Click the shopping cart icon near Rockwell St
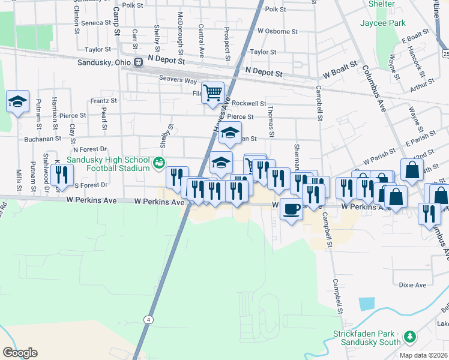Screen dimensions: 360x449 point(212,93)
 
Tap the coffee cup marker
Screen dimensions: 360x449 point(291,209)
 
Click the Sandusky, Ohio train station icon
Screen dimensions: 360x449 point(139,62)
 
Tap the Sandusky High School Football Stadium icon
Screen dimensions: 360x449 point(158,162)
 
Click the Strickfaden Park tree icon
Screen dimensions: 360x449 point(410,337)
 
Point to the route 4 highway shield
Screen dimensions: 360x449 point(148,319)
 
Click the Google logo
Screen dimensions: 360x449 point(20,353)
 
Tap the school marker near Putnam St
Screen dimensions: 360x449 point(18,101)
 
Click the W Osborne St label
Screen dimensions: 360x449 point(277,31)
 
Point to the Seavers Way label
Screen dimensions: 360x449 point(178,79)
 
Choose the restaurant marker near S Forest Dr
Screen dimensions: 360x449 point(62,175)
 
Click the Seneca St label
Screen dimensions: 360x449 point(92,23)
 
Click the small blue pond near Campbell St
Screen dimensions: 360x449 point(366,303)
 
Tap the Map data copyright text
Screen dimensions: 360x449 point(423,355)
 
